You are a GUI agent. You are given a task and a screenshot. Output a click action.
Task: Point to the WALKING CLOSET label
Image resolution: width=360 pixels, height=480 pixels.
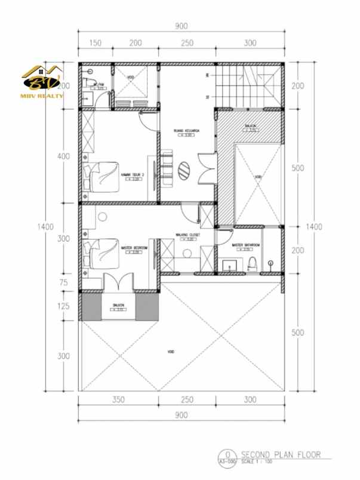[x=186, y=235]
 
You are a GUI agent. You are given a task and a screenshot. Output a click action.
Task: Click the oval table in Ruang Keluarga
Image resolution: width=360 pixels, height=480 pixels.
[x=186, y=170]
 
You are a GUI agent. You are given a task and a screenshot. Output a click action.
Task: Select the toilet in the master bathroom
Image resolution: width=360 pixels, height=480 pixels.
[x=253, y=263]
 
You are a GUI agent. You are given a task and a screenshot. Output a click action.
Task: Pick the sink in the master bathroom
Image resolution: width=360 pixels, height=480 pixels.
[x=229, y=264]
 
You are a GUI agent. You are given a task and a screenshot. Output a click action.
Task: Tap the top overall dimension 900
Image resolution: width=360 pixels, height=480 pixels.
[x=181, y=26]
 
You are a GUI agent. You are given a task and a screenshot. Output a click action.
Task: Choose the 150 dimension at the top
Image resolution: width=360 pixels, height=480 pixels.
[x=94, y=43]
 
